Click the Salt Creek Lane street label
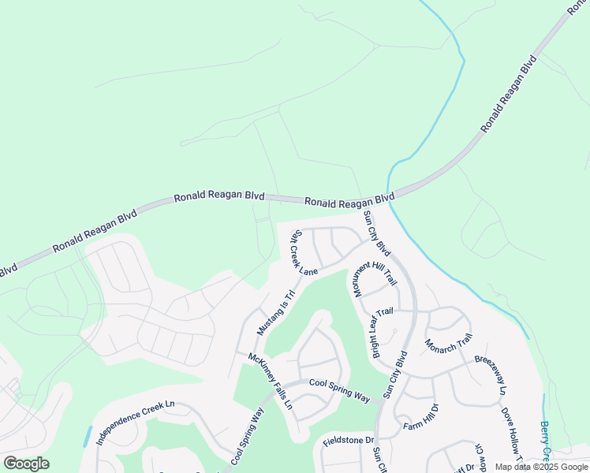304,253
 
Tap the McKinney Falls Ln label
271,381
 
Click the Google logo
26,464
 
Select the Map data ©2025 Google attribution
540,467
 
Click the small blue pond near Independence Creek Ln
87,436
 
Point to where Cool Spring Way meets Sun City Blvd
382,401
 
